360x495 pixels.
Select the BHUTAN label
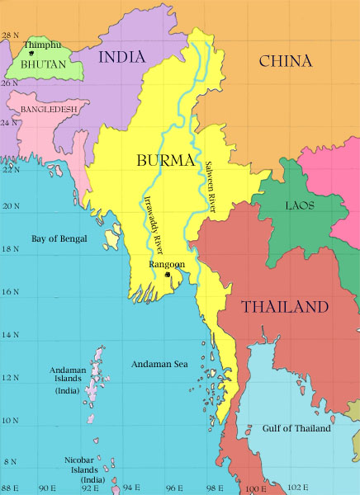point(44,64)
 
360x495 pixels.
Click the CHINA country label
point(285,61)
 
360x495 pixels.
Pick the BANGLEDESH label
point(50,109)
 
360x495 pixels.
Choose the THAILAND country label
point(285,308)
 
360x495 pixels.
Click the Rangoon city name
point(167,265)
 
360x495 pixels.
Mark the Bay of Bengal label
point(59,238)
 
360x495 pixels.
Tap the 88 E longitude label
point(11,488)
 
